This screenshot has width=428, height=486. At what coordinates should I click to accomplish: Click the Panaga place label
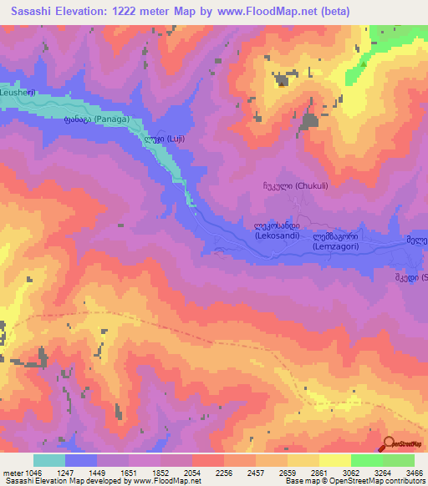[98, 120]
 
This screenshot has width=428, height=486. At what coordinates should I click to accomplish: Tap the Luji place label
[160, 140]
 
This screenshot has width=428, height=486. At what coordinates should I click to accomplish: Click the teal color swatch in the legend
[48, 460]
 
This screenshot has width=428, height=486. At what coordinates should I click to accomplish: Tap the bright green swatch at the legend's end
[398, 460]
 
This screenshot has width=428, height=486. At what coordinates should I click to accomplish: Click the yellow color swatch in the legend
[334, 460]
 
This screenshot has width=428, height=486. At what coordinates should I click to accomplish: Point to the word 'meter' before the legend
[11, 472]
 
